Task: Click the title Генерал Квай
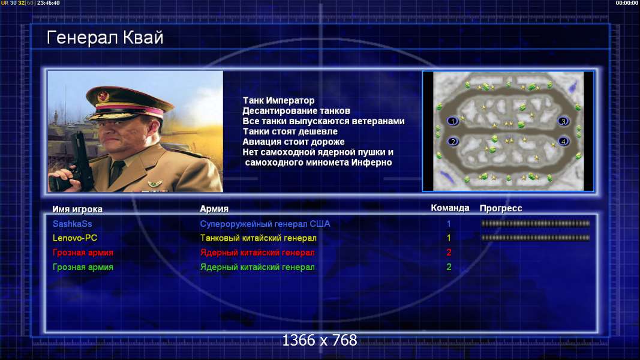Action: [x=105, y=38]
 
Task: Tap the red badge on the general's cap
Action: [x=103, y=97]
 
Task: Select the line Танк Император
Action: [x=278, y=100]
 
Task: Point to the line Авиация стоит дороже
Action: [x=293, y=142]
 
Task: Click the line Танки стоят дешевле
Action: [x=290, y=131]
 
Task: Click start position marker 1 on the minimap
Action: [x=452, y=121]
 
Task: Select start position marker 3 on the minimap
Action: [x=563, y=121]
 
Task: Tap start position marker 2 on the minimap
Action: [x=453, y=142]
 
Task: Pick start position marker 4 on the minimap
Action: [x=564, y=142]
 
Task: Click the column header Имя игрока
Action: [x=77, y=209]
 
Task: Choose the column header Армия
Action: [x=214, y=209]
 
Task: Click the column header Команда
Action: [x=450, y=208]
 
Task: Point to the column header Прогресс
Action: [x=501, y=208]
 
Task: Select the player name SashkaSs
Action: [x=72, y=224]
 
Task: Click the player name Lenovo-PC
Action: [x=75, y=238]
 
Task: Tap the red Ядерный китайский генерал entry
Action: [x=257, y=253]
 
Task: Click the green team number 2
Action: [x=449, y=267]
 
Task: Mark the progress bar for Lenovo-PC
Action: [x=535, y=238]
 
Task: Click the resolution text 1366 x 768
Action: [x=320, y=340]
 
